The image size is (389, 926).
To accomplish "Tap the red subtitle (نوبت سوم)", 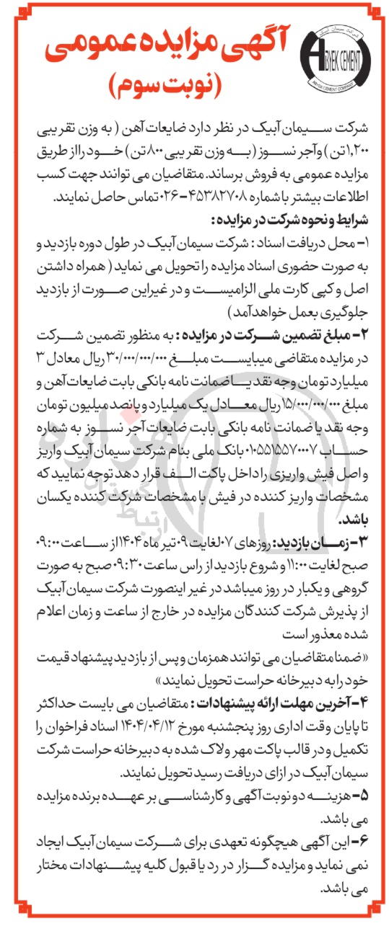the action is (x=172, y=87).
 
